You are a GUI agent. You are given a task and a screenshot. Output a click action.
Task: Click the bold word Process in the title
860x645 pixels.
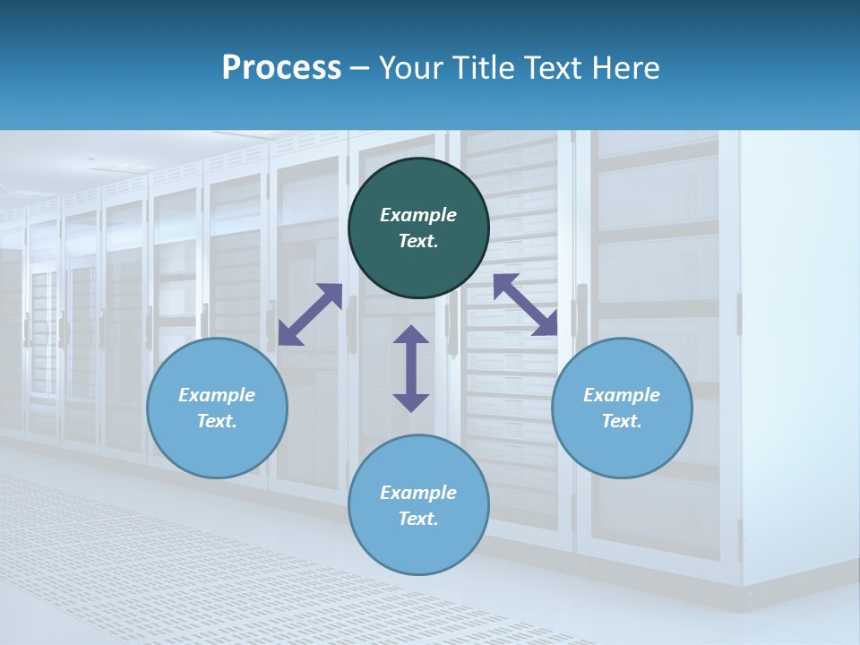tap(281, 68)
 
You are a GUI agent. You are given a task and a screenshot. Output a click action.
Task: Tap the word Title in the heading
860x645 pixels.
tap(484, 68)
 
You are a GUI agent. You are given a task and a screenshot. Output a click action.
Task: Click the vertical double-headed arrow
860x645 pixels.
tap(411, 368)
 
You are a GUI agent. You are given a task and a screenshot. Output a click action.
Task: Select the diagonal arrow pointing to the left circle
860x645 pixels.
tap(310, 314)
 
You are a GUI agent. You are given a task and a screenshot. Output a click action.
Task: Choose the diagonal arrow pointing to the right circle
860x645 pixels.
tap(525, 305)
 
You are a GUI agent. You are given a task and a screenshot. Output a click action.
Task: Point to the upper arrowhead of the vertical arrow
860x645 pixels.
tap(411, 334)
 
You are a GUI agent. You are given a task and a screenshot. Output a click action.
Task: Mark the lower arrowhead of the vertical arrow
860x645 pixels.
tap(411, 402)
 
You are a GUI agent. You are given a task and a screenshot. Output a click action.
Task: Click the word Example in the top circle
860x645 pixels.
tap(418, 215)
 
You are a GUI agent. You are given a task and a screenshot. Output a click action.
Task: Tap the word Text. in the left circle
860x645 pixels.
tap(217, 421)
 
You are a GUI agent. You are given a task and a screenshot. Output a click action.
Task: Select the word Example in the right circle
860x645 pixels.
tap(622, 395)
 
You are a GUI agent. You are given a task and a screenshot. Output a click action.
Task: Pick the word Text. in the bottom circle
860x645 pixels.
tap(418, 519)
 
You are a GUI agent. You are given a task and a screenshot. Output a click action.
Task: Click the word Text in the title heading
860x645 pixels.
tap(555, 68)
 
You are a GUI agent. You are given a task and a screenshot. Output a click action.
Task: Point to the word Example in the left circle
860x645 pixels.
tap(217, 395)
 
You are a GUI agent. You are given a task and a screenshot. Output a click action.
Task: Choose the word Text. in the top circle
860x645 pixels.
tap(418, 241)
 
